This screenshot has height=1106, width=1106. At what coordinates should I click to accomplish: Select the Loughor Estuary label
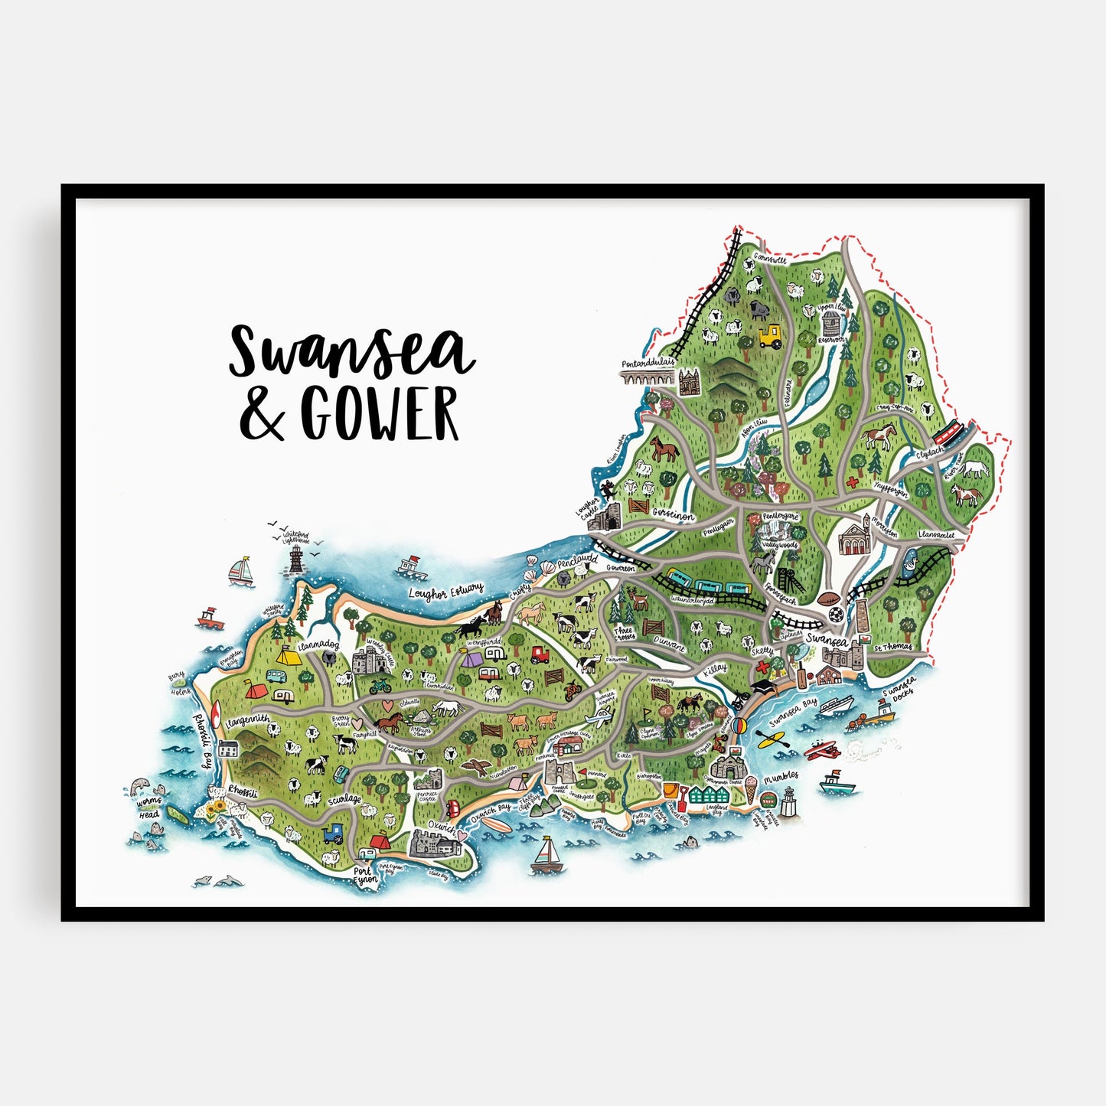[x=445, y=591]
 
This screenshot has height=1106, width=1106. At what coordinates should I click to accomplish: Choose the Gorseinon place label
[x=674, y=515]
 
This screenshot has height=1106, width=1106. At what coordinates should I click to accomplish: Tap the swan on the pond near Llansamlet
[x=909, y=564]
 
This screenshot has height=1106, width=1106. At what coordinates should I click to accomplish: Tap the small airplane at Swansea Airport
[x=599, y=716]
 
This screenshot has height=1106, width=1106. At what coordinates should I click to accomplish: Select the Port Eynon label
[x=364, y=876]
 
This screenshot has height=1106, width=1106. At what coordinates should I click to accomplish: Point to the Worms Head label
[x=148, y=808]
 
